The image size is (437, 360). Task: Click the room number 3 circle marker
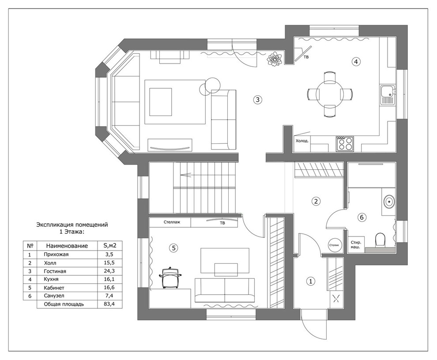[x=257, y=99]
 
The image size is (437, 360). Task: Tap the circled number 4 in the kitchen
[x=356, y=61]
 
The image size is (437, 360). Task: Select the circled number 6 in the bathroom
[x=362, y=217]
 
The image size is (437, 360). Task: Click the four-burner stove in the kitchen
[x=345, y=144]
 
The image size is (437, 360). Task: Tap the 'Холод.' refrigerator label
[x=302, y=141]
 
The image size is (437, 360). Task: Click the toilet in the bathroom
[x=380, y=240]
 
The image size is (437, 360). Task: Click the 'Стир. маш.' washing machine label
[x=356, y=244]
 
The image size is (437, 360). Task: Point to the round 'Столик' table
[x=334, y=245]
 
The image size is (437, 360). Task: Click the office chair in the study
[x=170, y=277]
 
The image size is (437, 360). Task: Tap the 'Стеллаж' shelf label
[x=172, y=222]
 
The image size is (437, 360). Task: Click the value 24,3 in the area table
[x=109, y=271]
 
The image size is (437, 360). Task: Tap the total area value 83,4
[x=109, y=304]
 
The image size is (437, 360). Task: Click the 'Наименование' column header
[x=67, y=246]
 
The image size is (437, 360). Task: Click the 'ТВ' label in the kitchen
[x=306, y=57]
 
